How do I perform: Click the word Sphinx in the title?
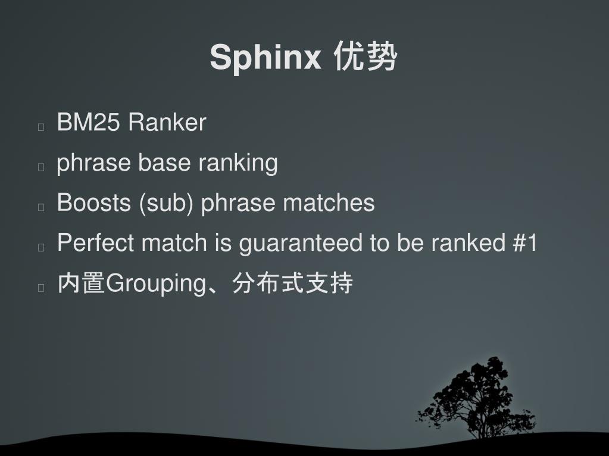point(265,58)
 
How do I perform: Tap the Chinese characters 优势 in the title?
point(365,58)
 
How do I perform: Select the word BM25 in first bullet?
point(88,122)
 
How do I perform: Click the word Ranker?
point(167,122)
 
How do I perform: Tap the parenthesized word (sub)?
point(166,203)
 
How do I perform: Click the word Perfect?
point(95,243)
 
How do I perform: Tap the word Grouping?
point(155,284)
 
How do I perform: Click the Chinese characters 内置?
point(81,284)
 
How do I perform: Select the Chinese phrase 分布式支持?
point(292,284)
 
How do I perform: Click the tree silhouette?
point(477,398)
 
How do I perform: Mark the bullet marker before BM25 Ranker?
point(41,127)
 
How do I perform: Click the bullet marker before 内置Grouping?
point(41,288)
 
